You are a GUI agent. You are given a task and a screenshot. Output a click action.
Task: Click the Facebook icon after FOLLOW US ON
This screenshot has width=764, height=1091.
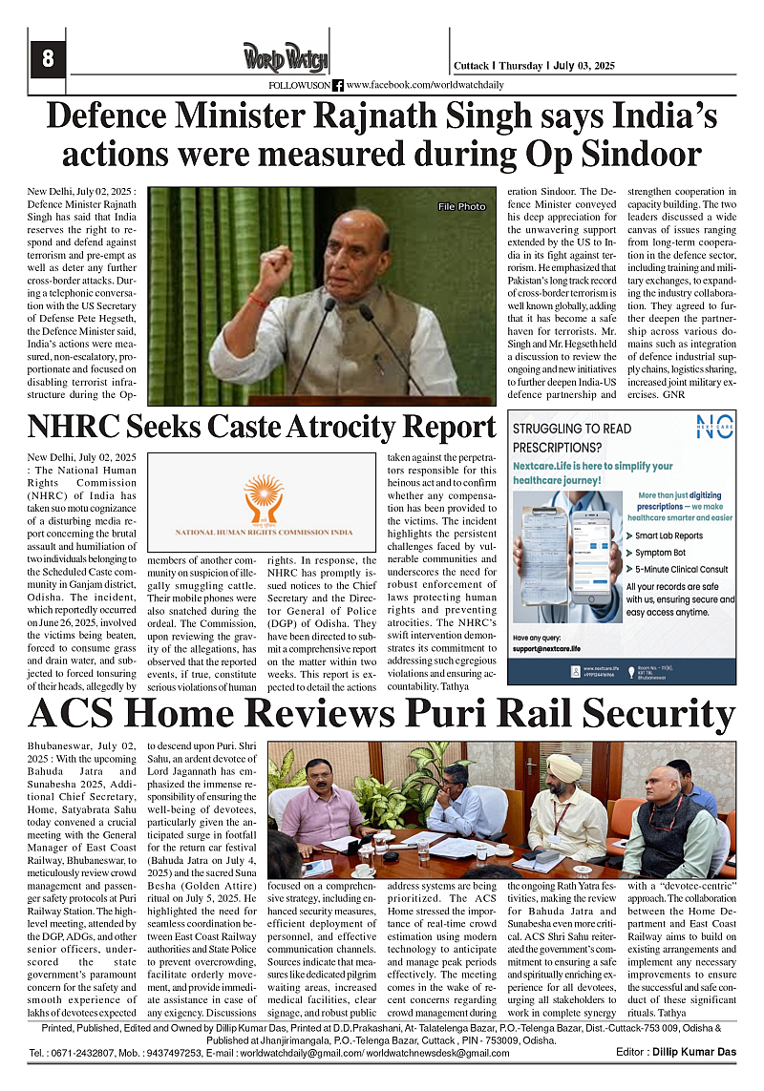[338, 86]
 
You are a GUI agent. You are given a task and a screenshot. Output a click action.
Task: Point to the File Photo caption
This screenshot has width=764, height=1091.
[461, 207]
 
